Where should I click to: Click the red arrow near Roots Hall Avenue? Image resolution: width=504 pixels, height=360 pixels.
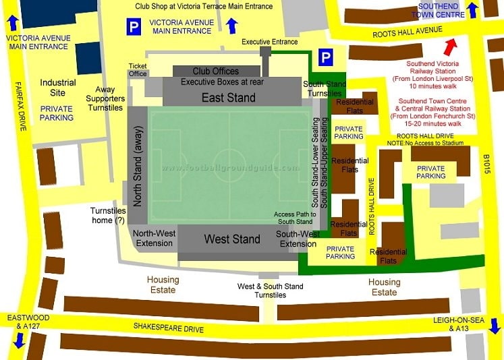(x=450, y=48)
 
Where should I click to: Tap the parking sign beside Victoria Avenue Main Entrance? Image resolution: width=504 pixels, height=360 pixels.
(x=134, y=27)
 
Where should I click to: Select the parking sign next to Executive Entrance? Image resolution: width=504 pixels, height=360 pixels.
(x=326, y=57)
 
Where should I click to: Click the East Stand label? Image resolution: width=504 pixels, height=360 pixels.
(x=229, y=98)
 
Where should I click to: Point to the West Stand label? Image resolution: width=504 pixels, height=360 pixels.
(x=233, y=239)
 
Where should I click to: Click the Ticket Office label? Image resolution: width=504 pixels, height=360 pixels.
(x=138, y=69)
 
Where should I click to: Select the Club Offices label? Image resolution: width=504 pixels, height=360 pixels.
(x=215, y=71)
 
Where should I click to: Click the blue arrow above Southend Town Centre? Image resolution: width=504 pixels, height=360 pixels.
(x=473, y=9)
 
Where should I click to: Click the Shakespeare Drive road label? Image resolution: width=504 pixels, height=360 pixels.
(x=168, y=329)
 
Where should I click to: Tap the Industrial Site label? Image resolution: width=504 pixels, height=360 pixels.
(x=58, y=88)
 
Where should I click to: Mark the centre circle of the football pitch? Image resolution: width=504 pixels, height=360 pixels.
(x=229, y=165)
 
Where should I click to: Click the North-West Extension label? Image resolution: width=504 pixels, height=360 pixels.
(x=155, y=238)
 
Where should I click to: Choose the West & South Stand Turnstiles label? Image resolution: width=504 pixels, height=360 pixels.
(x=270, y=291)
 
